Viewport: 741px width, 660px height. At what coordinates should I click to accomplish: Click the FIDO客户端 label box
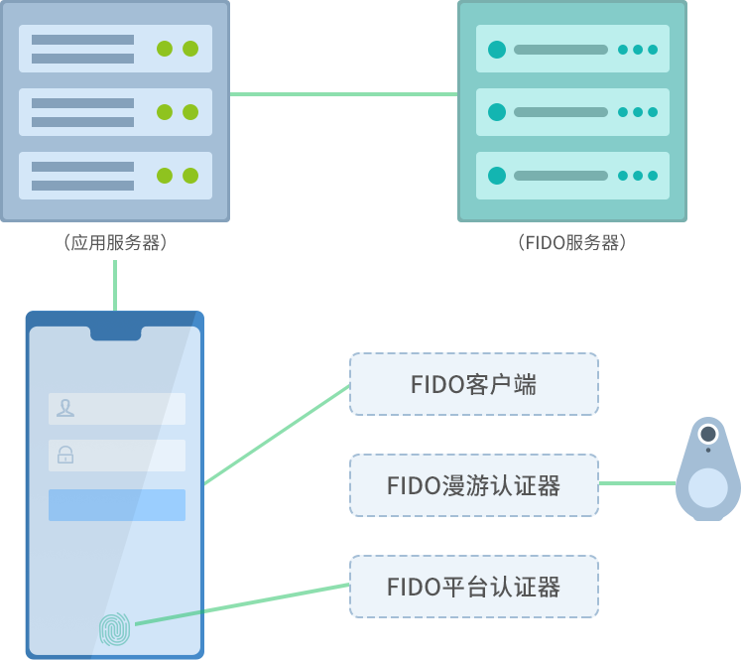pos(473,384)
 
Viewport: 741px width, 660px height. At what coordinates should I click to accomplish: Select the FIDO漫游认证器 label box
pos(473,485)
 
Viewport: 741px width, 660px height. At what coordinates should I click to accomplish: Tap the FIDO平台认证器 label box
pos(473,587)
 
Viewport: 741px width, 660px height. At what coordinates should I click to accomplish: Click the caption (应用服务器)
pos(114,242)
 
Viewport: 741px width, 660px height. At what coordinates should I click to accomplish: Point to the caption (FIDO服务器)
pos(571,242)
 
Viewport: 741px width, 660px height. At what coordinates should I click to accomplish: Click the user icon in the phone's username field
pos(65,408)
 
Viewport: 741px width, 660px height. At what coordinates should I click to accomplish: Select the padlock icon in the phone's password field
pos(65,455)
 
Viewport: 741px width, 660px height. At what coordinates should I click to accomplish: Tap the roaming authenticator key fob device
pos(707,471)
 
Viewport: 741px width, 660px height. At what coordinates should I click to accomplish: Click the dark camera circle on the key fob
pos(707,435)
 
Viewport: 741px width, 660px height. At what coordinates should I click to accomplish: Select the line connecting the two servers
pos(343,95)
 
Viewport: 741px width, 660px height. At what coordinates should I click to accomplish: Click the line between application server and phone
pos(115,285)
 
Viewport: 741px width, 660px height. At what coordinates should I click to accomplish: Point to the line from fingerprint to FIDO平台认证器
pos(243,603)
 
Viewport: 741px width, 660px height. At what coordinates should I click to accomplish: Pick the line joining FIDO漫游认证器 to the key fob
pos(638,484)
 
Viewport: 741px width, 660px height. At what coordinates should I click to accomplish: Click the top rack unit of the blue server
pos(115,49)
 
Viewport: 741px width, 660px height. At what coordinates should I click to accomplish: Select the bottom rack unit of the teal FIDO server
pos(572,176)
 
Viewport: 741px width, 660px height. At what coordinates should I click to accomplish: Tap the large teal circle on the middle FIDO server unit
pos(497,112)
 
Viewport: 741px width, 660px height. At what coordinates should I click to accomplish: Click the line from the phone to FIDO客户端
pos(277,434)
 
